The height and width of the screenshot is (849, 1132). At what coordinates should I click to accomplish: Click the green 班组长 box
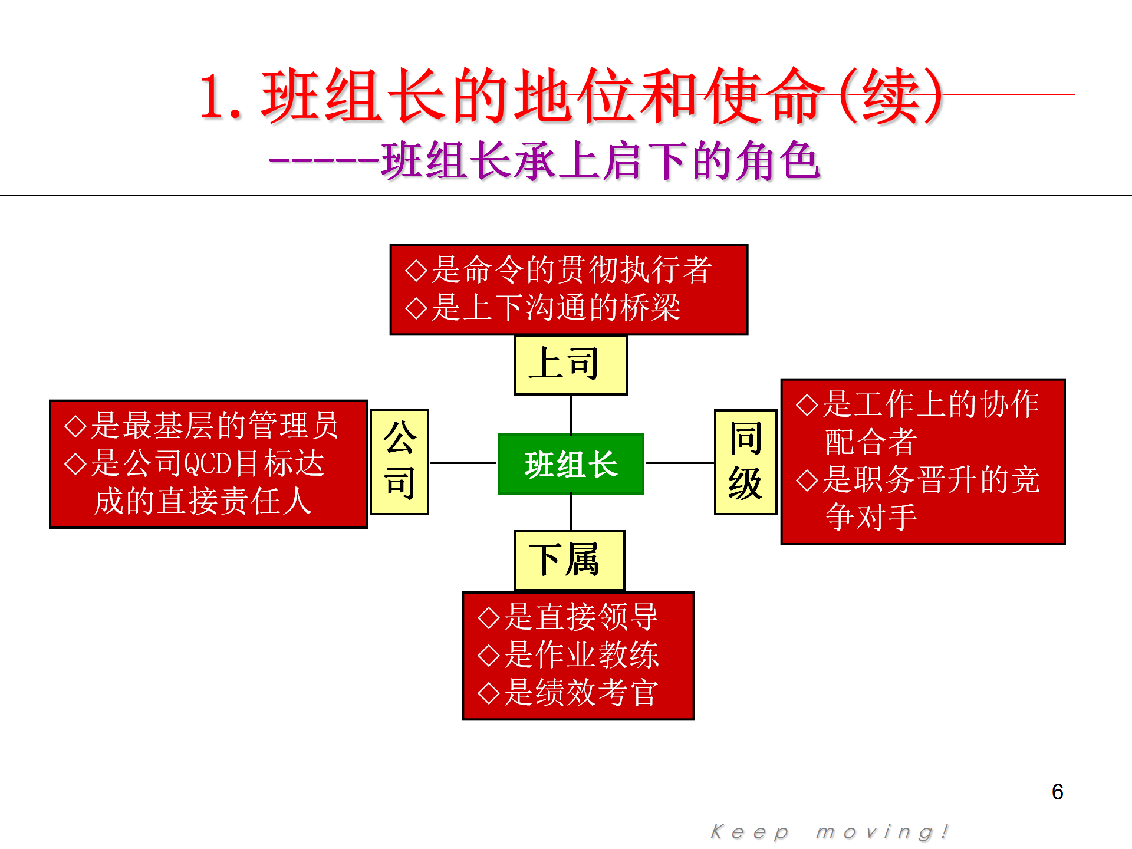pyautogui.click(x=571, y=464)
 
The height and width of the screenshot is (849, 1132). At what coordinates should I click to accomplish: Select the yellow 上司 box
pyautogui.click(x=570, y=365)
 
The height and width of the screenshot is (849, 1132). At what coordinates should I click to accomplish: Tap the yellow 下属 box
pyautogui.click(x=569, y=561)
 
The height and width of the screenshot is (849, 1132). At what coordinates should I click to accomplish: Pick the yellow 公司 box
pyautogui.click(x=399, y=462)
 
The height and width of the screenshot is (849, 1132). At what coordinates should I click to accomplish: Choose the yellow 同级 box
pyautogui.click(x=745, y=462)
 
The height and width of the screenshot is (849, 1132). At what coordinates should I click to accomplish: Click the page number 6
pyautogui.click(x=1057, y=792)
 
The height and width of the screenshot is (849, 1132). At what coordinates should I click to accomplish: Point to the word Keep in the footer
pyautogui.click(x=749, y=832)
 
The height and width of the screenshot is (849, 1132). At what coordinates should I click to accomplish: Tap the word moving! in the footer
pyautogui.click(x=882, y=832)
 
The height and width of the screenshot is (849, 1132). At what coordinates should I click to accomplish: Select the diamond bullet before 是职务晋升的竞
pyautogui.click(x=807, y=480)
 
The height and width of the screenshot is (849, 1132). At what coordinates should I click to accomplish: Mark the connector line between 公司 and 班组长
pyautogui.click(x=463, y=463)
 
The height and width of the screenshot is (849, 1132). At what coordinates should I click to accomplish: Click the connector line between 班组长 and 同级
pyautogui.click(x=680, y=463)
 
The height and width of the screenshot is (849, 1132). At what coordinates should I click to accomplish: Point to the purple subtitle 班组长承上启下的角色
pyautogui.click(x=600, y=160)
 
